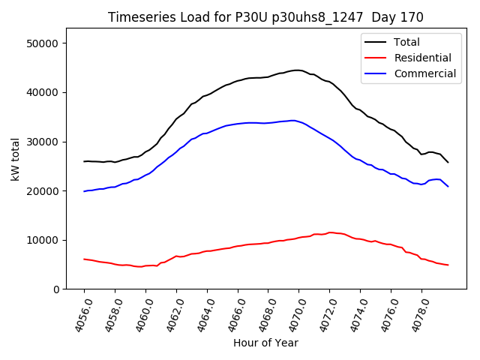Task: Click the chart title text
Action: click(x=265, y=17)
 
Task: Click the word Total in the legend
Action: click(x=406, y=42)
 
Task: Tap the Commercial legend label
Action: click(x=424, y=73)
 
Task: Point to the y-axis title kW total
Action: click(x=16, y=159)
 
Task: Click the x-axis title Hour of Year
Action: click(x=265, y=343)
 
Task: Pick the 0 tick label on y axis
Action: click(x=56, y=289)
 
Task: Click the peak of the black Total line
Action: click(x=297, y=70)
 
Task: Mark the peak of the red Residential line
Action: click(x=330, y=232)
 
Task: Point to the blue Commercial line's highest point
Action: click(x=292, y=120)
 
